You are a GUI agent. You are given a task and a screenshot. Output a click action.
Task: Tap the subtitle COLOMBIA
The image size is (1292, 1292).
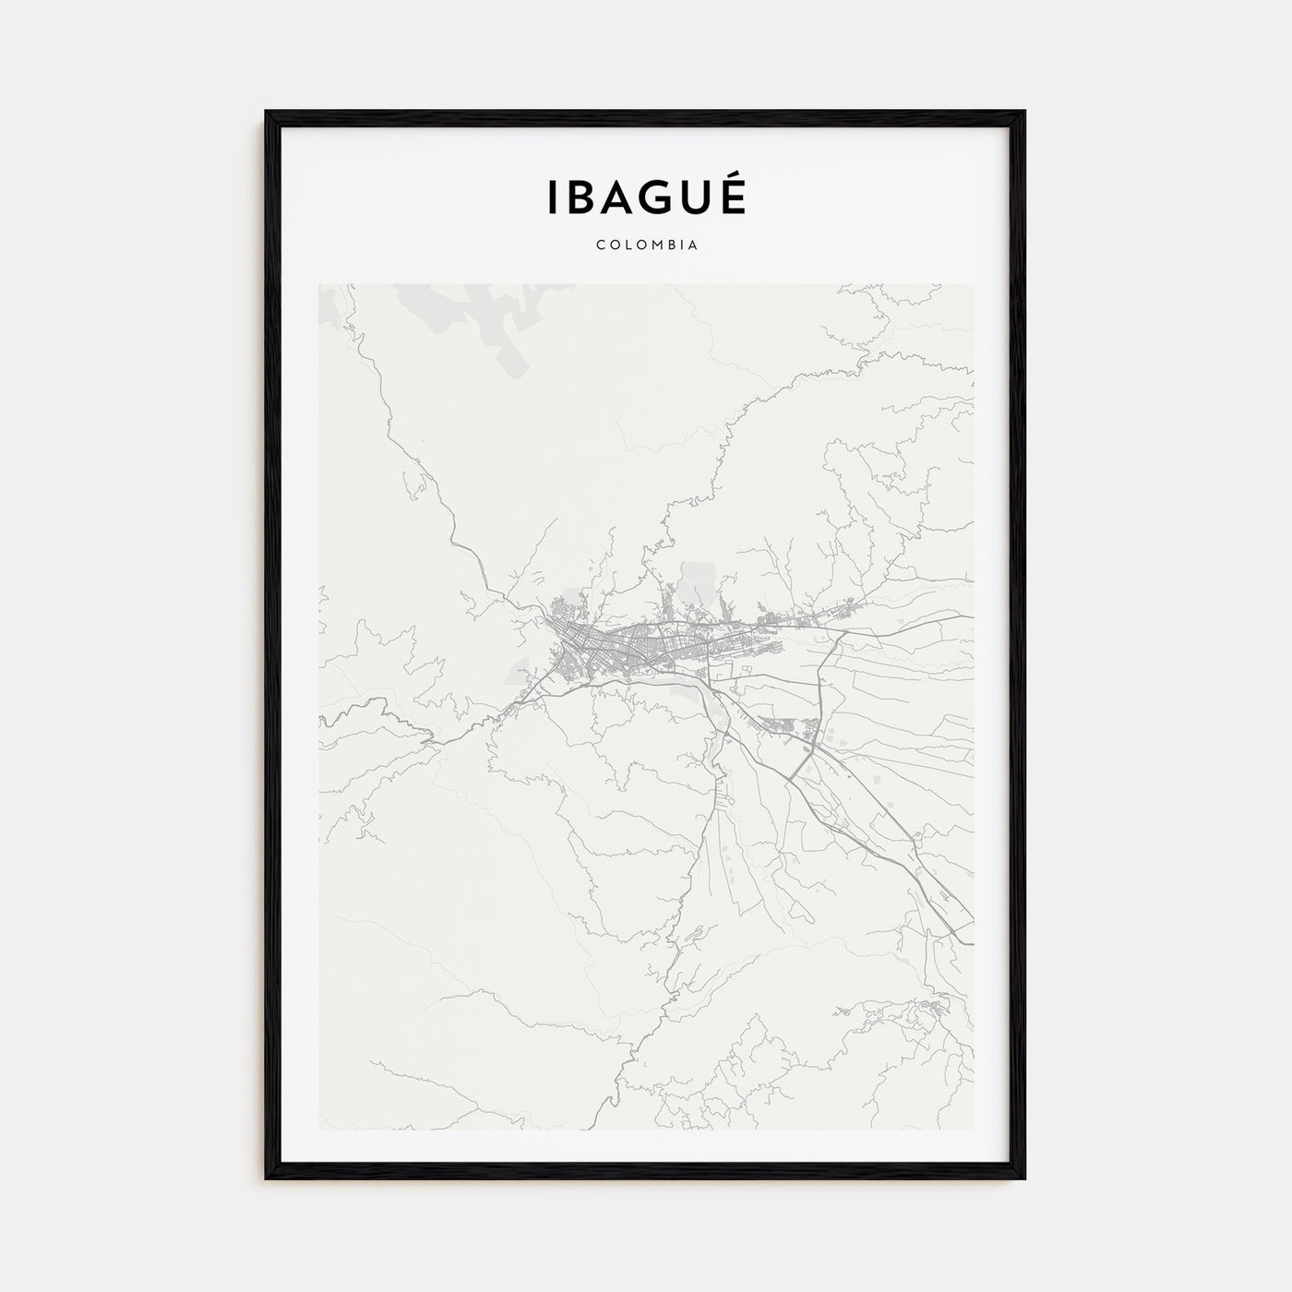point(646,245)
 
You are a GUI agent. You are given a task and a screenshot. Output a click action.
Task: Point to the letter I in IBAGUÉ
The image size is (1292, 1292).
point(552,197)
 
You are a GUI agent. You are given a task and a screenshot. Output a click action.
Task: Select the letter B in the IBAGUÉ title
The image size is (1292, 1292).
point(580,197)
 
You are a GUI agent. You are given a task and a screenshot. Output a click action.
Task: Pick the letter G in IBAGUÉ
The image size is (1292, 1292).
point(662,197)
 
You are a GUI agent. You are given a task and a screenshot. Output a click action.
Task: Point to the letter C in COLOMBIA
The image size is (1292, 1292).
point(601,245)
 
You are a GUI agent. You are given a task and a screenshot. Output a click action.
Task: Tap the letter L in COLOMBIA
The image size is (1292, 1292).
point(630,245)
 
